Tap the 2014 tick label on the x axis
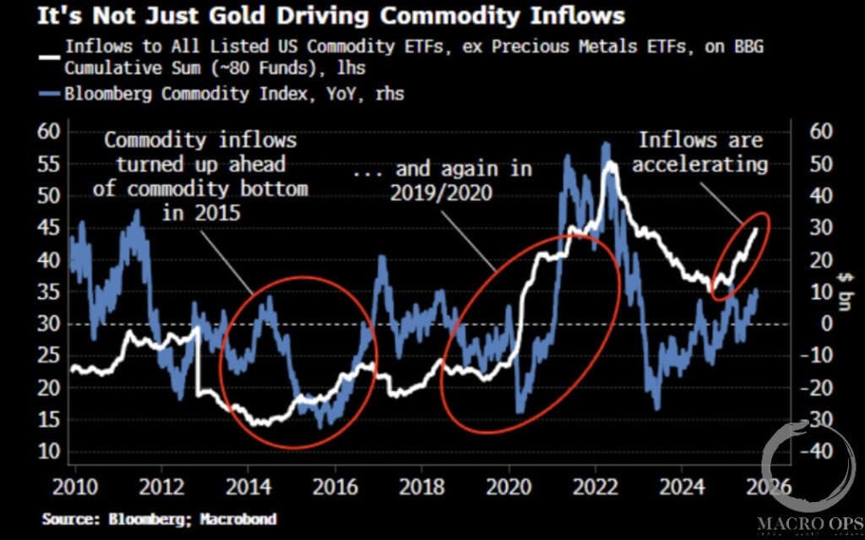click(248, 488)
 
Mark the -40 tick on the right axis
click(814, 451)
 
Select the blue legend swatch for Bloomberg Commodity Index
click(52, 95)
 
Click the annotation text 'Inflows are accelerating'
click(701, 153)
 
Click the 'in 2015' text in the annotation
click(201, 213)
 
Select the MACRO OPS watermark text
click(809, 525)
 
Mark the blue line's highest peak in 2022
click(606, 145)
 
